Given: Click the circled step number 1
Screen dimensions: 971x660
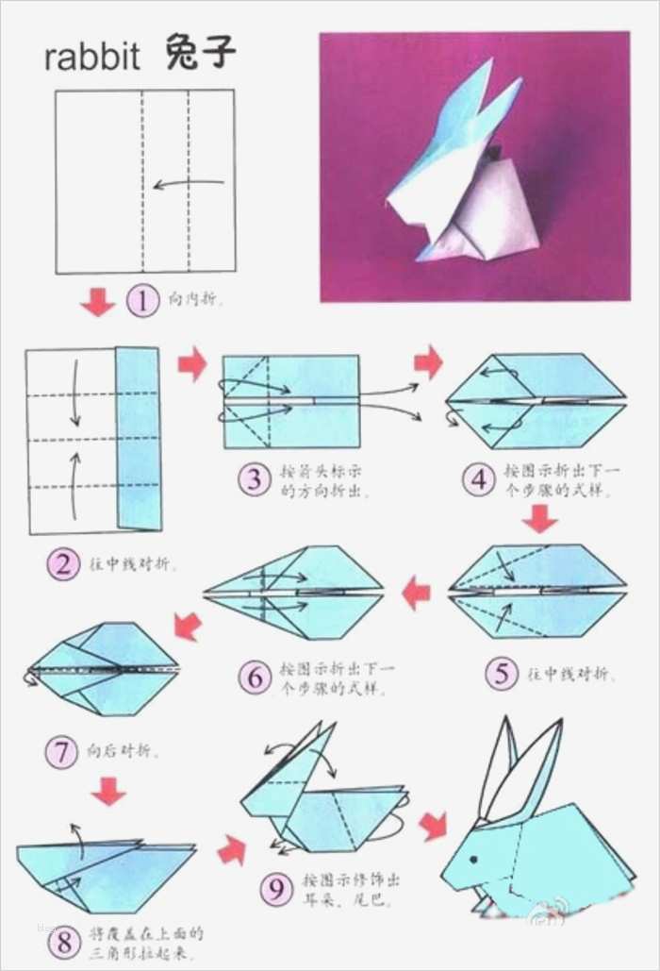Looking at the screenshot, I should coord(142,302).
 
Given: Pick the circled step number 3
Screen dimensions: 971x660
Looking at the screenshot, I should coord(254,479).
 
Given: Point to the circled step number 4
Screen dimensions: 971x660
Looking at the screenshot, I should coord(478,479).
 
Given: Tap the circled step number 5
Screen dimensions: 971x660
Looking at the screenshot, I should coord(502,674).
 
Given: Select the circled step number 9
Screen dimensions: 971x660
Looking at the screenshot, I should coord(275,888).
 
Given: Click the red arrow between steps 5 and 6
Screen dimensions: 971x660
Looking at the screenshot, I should coord(416,594).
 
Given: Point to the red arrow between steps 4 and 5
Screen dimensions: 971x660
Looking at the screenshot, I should coord(539,518).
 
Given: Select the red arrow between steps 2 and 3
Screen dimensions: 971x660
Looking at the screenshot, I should coord(192,363).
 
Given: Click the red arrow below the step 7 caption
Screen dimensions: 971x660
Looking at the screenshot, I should coord(108,791).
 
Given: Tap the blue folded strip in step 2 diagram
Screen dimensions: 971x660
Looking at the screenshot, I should coord(138,438).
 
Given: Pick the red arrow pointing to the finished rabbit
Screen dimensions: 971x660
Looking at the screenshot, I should coord(433,825).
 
